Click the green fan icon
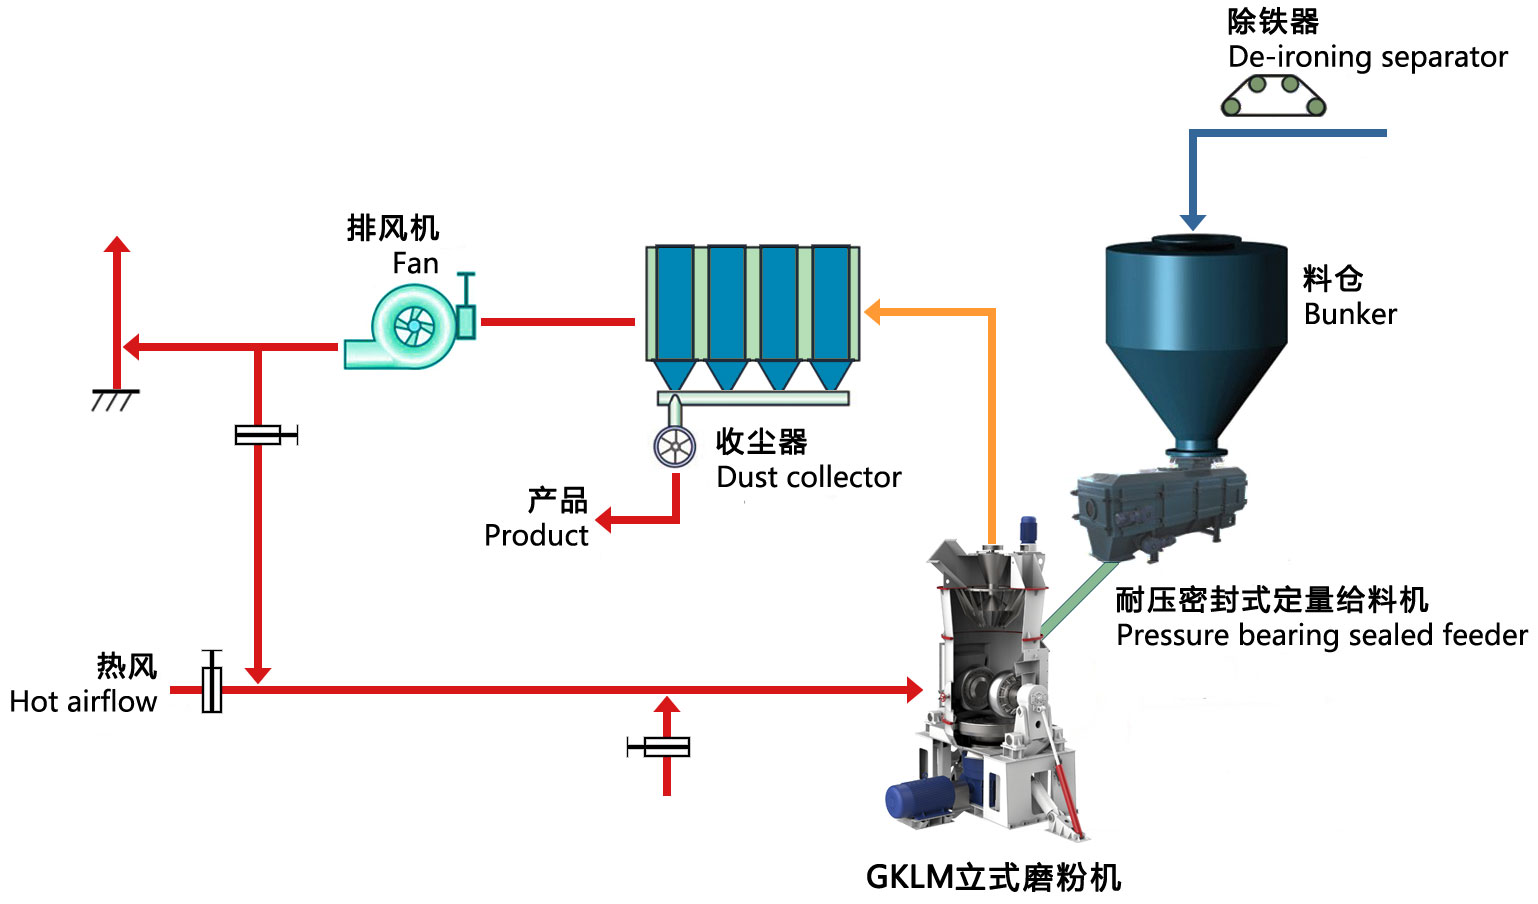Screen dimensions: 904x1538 [410, 326]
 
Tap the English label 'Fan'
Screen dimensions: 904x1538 [415, 264]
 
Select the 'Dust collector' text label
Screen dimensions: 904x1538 [808, 478]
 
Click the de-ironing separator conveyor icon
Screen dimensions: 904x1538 [1273, 96]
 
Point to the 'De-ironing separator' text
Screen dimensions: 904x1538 [1367, 58]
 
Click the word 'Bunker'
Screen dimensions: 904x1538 [1350, 314]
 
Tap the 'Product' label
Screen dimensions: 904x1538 [536, 536]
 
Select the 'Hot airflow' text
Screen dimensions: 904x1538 [83, 702]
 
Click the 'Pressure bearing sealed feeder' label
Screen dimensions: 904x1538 [1321, 636]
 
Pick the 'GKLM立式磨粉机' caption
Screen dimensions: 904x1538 [993, 877]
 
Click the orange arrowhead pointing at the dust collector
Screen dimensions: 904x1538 [873, 312]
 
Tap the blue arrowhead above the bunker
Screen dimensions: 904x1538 [1193, 221]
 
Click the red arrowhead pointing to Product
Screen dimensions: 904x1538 [604, 520]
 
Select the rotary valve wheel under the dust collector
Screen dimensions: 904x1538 [675, 447]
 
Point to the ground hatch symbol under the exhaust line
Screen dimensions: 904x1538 [115, 400]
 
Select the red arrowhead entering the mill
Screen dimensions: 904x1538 [913, 689]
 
